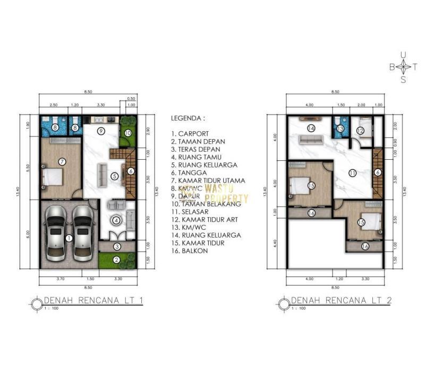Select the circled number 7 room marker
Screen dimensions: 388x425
62,161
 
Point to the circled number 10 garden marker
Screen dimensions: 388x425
128,133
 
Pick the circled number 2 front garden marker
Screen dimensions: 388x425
116,260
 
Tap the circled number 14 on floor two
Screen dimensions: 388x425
311,128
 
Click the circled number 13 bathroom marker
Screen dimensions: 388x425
340,128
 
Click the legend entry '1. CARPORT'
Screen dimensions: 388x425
190,134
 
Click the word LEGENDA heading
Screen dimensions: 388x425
188,118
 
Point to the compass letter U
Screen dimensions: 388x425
403,54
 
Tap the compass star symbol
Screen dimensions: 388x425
404,67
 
